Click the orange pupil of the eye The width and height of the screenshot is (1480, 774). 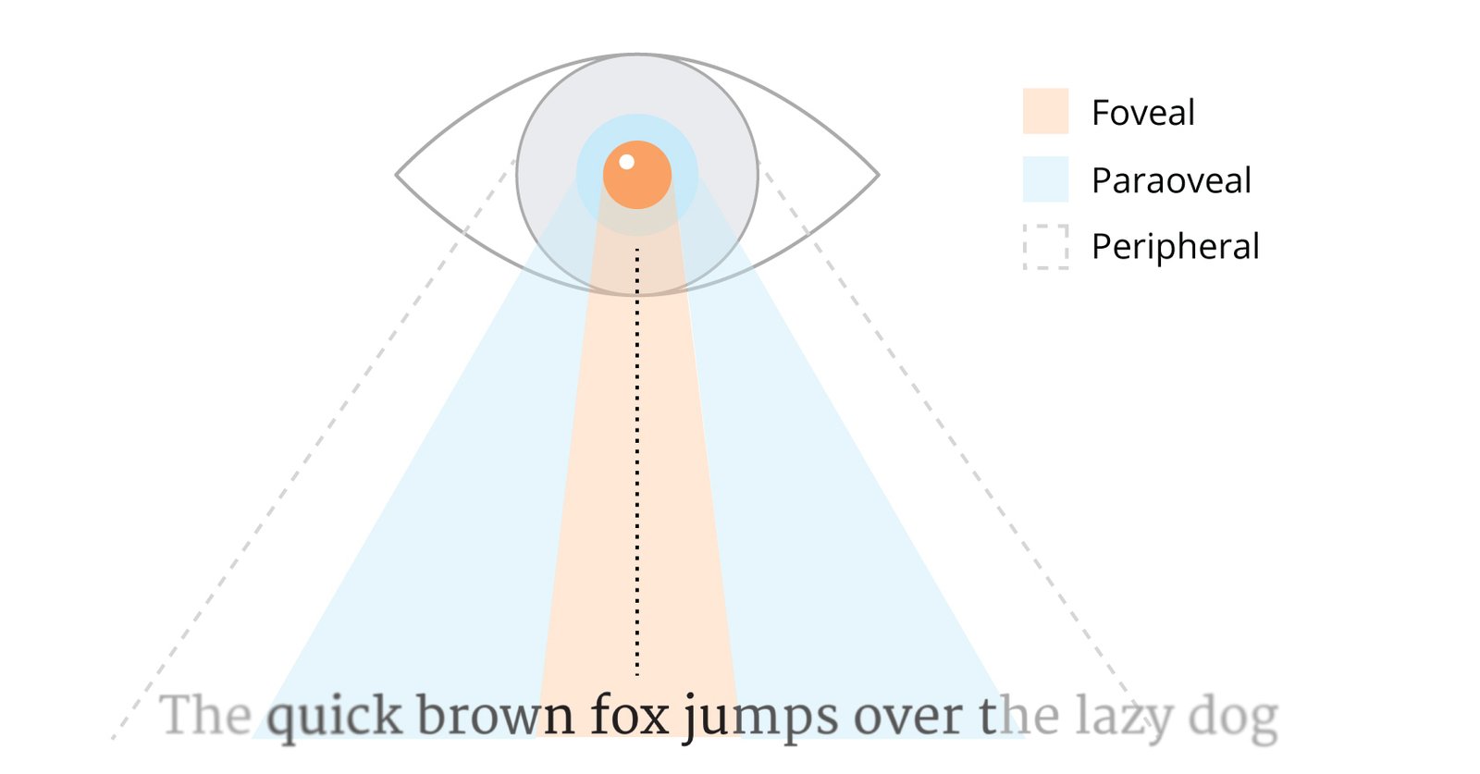pyautogui.click(x=637, y=175)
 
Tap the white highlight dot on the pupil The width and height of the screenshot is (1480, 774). pyautogui.click(x=627, y=162)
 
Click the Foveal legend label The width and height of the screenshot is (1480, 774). pyautogui.click(x=1143, y=112)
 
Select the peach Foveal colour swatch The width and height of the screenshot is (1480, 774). pyautogui.click(x=1046, y=111)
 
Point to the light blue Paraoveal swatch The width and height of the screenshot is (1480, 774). pyautogui.click(x=1046, y=179)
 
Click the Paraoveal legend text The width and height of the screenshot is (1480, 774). pyautogui.click(x=1171, y=180)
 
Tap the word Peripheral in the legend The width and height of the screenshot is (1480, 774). pyautogui.click(x=1176, y=247)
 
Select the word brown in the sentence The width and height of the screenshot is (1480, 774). pyautogui.click(x=496, y=715)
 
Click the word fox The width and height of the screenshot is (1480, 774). pyautogui.click(x=630, y=714)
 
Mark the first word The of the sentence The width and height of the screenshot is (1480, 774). pyautogui.click(x=206, y=715)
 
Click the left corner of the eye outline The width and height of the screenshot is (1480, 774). pyautogui.click(x=396, y=175)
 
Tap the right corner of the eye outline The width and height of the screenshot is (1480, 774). pyautogui.click(x=879, y=175)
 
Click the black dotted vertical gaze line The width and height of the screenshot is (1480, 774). pyautogui.click(x=637, y=463)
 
